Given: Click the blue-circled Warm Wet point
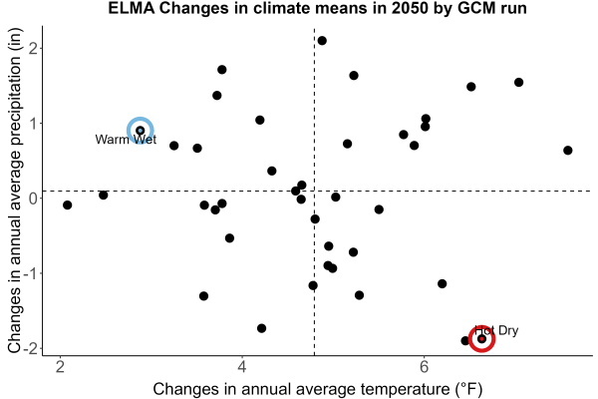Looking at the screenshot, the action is click(141, 131).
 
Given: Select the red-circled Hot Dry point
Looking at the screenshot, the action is click(481, 339).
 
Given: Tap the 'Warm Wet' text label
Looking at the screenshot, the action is click(126, 140).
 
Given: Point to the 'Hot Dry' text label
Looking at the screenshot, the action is click(496, 330).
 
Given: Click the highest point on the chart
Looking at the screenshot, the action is click(322, 41).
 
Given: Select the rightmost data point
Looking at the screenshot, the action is click(567, 151).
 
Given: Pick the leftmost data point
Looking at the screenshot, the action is click(67, 205).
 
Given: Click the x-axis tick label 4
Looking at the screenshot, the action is click(242, 367).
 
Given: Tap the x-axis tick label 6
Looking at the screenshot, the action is click(424, 367).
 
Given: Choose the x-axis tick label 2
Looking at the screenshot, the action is click(60, 367).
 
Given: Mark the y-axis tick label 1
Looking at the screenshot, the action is click(34, 124).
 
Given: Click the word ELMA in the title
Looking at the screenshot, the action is click(132, 8).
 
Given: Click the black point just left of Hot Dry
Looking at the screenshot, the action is click(465, 340).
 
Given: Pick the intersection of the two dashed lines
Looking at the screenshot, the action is click(314, 191).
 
